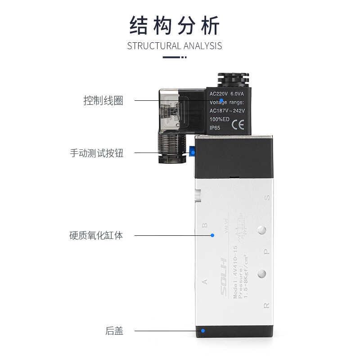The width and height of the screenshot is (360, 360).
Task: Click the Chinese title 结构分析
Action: coord(175,26)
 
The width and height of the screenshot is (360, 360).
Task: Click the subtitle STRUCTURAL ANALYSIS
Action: coord(175,45)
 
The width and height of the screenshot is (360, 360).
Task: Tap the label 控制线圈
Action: coord(103,100)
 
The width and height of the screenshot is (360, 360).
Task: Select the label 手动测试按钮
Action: coord(96,153)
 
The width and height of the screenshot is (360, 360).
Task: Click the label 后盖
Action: coord(114,332)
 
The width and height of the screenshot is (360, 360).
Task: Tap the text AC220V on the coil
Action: coord(219,94)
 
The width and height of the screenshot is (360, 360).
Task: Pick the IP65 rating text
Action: coord(216,128)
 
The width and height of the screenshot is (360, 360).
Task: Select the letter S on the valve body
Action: coord(267,197)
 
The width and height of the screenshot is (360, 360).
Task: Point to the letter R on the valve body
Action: coord(266,306)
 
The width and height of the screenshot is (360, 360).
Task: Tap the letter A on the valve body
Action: coord(205,282)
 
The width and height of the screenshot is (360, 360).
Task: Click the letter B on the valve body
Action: coord(205,225)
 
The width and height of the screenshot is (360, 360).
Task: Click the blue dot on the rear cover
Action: coord(203,332)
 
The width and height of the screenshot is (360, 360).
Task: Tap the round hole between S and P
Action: coord(261,231)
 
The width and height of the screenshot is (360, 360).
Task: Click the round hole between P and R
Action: coord(261,273)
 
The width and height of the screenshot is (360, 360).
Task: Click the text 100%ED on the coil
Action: coord(220,119)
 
